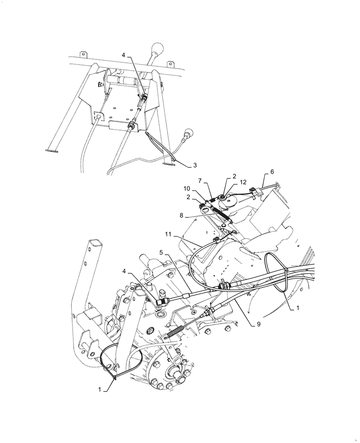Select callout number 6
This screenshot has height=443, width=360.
(272, 171)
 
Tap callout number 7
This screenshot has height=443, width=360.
(200, 181)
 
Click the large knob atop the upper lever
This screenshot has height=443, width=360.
(157, 49)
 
